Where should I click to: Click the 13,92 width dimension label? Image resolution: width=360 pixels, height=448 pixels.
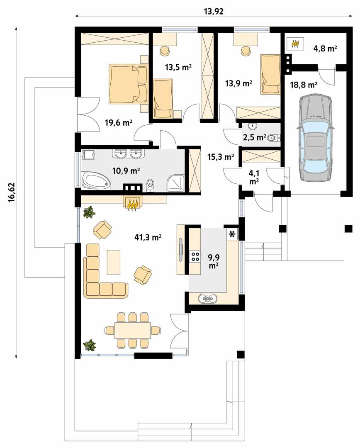coord(214,11)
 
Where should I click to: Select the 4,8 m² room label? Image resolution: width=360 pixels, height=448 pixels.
coord(325,49)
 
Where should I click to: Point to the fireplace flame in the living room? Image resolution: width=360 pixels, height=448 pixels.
coord(133,204)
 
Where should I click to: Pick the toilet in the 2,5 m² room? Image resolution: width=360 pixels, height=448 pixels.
coord(273,138)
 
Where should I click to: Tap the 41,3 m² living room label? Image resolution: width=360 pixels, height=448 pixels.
coord(148,237)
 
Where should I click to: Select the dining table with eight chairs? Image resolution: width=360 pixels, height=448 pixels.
coord(132,331)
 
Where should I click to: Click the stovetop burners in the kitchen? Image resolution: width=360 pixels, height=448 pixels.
coord(195,256)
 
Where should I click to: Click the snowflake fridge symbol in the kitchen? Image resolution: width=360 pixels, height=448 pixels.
coord(232,234)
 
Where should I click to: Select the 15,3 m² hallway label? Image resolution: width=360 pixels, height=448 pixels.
coord(220,157)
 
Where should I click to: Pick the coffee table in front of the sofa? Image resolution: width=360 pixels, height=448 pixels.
coord(114,262)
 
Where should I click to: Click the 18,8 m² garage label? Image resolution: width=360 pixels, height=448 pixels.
coord(304,84)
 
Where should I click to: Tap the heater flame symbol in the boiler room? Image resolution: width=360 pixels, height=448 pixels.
coord(295,44)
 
